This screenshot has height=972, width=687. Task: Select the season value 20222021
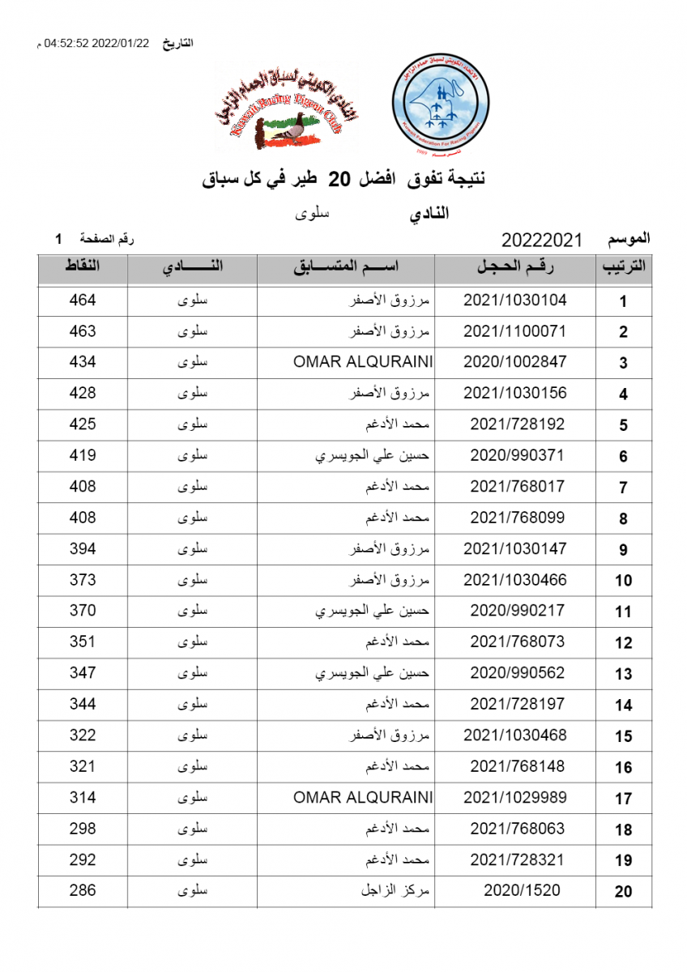click(x=542, y=241)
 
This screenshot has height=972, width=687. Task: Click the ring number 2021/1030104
click(x=514, y=301)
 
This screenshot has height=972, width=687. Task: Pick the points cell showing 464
click(x=83, y=301)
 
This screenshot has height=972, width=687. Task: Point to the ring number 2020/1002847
click(x=514, y=362)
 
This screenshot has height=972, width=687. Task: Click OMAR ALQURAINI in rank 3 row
click(x=362, y=362)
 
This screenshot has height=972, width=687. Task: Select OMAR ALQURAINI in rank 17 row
click(x=362, y=798)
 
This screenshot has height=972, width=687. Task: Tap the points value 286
click(x=83, y=891)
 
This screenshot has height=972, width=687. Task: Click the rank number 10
click(x=623, y=581)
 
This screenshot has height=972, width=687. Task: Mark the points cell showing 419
click(x=83, y=455)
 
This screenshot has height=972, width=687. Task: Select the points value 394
click(x=83, y=549)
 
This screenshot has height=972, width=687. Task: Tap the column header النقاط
click(x=83, y=267)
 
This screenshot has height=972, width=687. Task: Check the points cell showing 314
click(x=83, y=798)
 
